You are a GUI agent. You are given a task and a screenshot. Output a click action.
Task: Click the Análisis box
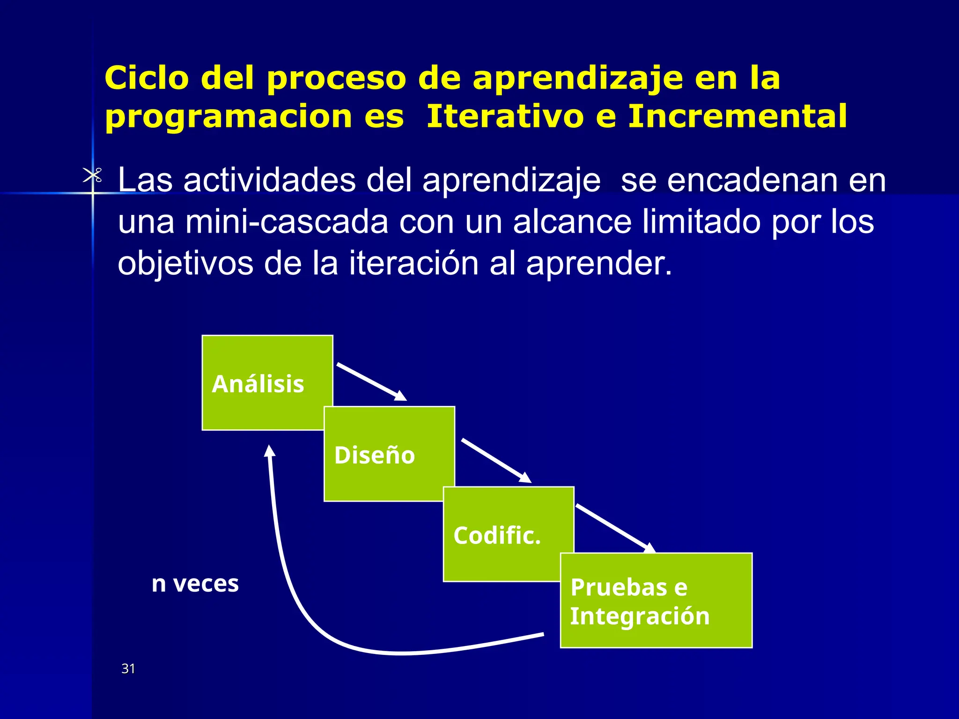coord(267,382)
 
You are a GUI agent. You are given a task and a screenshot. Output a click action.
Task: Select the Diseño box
coord(389,454)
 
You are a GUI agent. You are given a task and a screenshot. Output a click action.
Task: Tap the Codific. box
coord(509,534)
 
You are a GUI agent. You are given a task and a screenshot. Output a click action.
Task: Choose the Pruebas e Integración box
coord(656,601)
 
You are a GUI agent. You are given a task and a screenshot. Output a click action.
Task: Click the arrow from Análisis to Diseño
coord(371,382)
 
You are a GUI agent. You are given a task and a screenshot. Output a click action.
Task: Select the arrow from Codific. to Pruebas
coord(614,528)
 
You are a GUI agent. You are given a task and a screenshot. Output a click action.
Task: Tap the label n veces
coord(195,584)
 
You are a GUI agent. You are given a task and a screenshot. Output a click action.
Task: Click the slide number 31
coord(128,668)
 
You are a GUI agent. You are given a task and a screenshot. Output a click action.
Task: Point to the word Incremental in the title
coord(737,116)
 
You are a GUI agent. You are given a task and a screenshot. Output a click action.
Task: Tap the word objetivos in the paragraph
coord(185,263)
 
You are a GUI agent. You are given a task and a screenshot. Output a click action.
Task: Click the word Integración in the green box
coord(640,616)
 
